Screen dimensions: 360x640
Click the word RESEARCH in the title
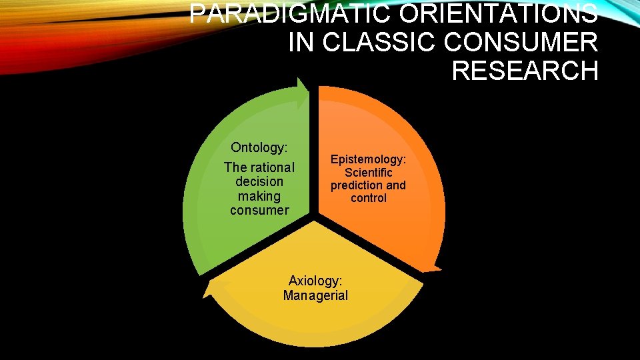525,70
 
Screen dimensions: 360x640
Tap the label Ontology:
259,147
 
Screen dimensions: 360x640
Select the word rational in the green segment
269,167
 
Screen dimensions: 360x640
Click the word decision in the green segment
259,181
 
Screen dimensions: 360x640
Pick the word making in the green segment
259,196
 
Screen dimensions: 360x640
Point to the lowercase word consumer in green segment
259,211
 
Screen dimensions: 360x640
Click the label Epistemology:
368,160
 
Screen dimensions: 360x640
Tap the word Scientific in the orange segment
368,173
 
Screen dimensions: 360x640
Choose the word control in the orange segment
368,198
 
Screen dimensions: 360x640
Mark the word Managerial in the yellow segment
315,295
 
